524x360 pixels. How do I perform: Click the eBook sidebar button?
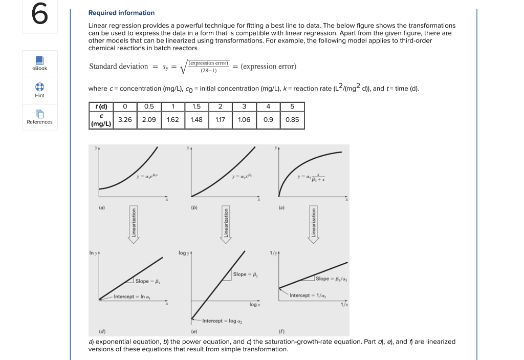click(39, 63)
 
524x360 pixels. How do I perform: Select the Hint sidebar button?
click(39, 90)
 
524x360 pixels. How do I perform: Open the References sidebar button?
click(39, 117)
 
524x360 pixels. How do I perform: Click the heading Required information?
click(121, 13)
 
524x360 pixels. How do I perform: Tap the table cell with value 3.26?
click(125, 119)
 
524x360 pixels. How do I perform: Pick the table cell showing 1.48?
click(196, 119)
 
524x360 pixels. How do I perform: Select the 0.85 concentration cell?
click(292, 119)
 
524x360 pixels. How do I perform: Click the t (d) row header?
click(101, 107)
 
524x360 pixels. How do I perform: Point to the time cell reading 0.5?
click(149, 107)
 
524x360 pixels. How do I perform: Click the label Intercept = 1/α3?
click(308, 295)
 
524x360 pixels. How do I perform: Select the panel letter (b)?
click(194, 208)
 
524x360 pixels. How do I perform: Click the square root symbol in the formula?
click(184, 67)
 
